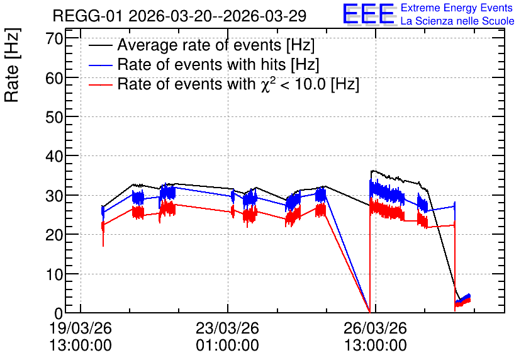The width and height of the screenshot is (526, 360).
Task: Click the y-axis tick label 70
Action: click(54, 38)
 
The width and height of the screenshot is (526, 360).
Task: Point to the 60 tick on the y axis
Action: click(54, 78)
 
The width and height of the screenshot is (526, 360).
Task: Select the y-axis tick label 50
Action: click(54, 117)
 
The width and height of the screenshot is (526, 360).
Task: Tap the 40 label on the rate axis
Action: click(54, 156)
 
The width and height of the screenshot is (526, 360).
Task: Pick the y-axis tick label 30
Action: click(54, 196)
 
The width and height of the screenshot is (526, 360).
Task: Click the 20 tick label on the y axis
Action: click(54, 235)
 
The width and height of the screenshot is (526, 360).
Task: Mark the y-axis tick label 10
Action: click(54, 274)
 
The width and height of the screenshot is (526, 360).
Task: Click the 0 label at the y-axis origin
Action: click(59, 313)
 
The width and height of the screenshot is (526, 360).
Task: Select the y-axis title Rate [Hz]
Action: click(12, 65)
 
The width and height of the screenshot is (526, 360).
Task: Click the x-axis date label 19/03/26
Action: click(81, 328)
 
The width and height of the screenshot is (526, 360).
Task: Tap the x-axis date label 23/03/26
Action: click(227, 328)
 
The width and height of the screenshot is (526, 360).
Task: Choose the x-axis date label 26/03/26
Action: click(376, 328)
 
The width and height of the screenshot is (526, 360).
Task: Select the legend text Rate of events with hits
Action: click(218, 64)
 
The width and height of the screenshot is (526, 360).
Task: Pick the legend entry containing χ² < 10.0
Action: click(238, 84)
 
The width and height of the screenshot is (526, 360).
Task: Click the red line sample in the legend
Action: click(100, 84)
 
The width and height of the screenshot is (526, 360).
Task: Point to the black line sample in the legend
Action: click(100, 45)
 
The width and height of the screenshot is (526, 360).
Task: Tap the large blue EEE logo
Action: click(369, 14)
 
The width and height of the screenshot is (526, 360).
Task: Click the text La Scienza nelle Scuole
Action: click(457, 21)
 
